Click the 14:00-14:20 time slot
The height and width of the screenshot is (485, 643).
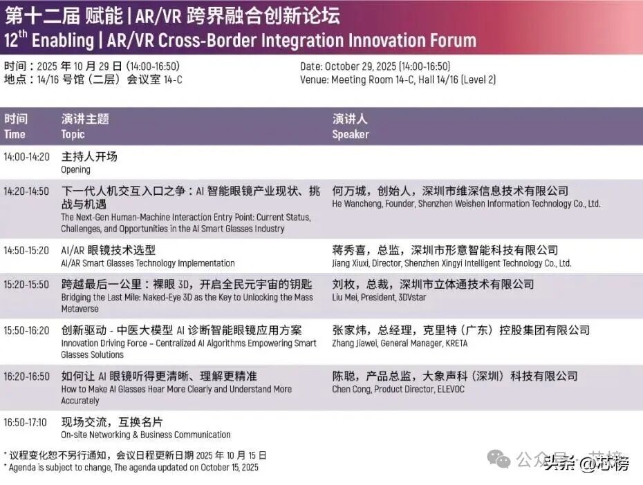point(26,157)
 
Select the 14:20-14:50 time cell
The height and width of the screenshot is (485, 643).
point(26,191)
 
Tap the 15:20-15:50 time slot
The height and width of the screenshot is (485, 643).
point(26,285)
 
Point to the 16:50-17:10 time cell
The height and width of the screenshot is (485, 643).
point(26,422)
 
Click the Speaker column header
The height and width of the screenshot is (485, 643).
point(351,135)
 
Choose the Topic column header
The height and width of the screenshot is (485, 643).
point(73,135)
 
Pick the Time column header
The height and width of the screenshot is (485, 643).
point(15,135)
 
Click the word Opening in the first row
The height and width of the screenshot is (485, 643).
point(75,170)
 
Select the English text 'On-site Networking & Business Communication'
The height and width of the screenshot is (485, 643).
point(145,435)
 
